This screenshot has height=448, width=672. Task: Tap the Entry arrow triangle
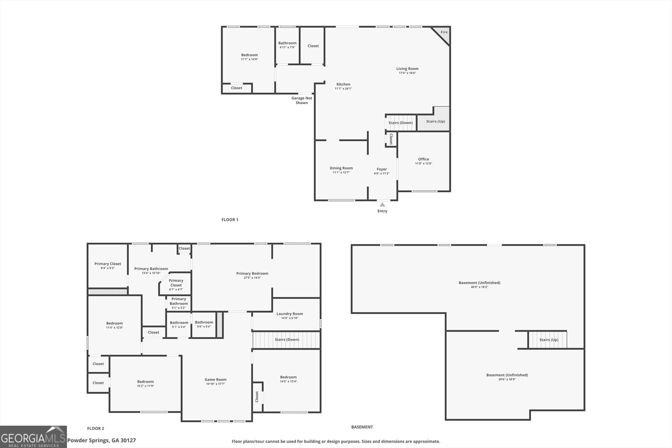click(382, 204)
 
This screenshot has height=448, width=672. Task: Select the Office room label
click(423, 159)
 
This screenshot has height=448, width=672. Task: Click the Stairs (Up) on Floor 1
click(435, 121)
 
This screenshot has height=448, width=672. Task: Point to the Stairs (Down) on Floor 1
click(400, 123)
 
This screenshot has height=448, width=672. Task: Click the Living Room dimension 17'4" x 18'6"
click(407, 73)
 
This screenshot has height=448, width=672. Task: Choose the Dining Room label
click(341, 168)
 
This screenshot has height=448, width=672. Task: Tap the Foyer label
click(381, 169)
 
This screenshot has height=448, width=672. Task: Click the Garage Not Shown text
click(302, 100)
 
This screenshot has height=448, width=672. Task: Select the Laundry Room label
click(289, 314)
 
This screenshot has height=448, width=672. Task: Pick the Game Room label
click(215, 379)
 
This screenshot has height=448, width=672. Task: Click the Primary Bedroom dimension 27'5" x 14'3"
click(252, 278)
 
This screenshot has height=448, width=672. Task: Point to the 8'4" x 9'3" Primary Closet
click(108, 266)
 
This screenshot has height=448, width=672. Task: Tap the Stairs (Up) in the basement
click(549, 340)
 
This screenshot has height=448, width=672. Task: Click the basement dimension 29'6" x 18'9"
click(507, 379)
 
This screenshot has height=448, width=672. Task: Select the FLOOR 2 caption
click(95, 428)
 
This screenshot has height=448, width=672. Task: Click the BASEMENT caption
click(362, 427)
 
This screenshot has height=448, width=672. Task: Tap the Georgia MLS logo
click(33, 437)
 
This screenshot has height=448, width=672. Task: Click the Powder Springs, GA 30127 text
click(102, 440)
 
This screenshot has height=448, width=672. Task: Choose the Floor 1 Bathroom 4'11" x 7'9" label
click(287, 45)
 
